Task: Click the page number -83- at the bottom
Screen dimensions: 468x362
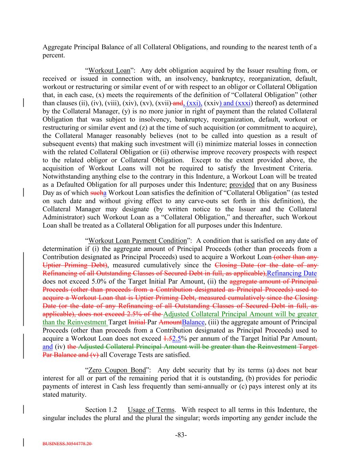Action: (x=181, y=435)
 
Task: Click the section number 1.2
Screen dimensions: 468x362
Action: (x=113, y=410)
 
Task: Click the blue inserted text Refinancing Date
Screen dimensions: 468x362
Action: (x=292, y=273)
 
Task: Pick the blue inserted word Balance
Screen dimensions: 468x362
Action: (x=194, y=322)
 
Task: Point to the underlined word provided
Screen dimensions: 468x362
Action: (x=242, y=185)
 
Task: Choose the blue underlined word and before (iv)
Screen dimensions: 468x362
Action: (x=47, y=347)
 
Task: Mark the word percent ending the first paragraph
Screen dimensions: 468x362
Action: (x=53, y=55)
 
